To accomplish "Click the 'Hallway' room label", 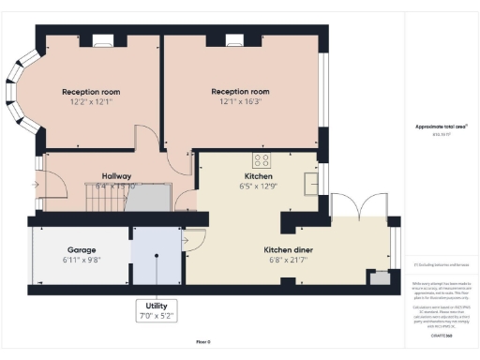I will point(104,175).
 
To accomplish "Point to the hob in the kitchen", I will point(262,158).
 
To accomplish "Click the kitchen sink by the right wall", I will point(313,177).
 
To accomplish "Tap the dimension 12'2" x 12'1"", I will point(91,101).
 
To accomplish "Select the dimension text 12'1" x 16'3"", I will point(240,101).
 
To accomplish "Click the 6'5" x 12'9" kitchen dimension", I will point(260,186).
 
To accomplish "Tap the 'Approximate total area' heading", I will point(435,127).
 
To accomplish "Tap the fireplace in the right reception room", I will point(235,40).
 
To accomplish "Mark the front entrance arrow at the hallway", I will point(36,185).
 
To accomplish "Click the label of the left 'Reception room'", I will point(91,91).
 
